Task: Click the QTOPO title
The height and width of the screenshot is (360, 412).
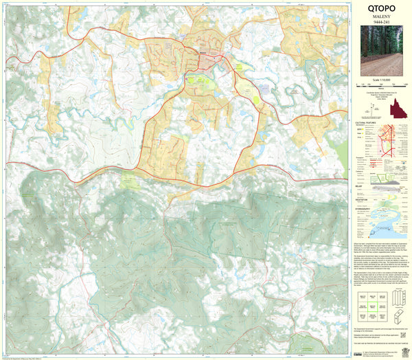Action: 382,10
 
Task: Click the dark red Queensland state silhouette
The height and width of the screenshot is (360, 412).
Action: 396,110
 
